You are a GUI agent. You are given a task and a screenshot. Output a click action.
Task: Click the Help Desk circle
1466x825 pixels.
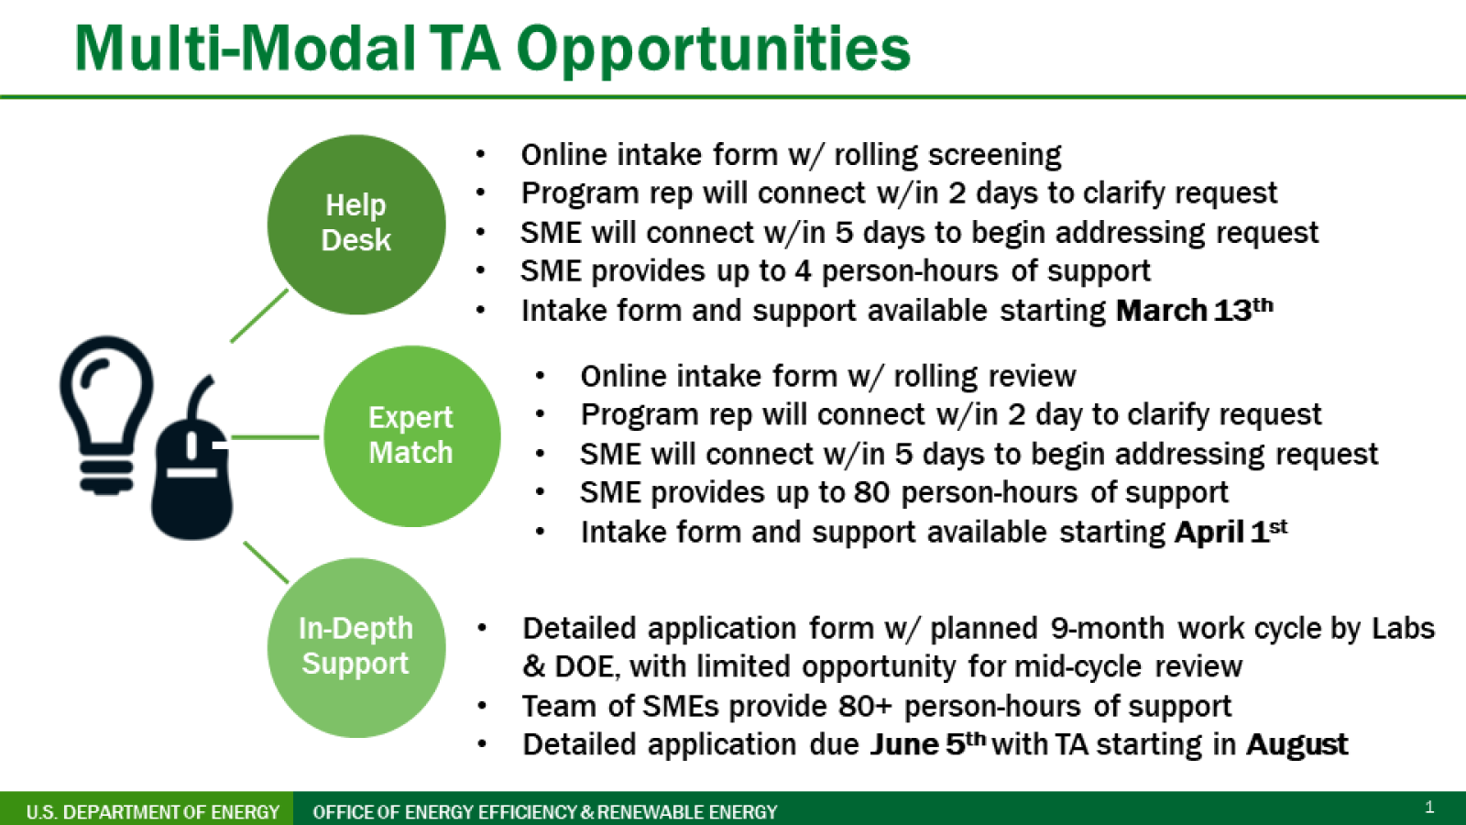356,225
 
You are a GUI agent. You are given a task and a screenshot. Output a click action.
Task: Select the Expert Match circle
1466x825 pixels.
411,436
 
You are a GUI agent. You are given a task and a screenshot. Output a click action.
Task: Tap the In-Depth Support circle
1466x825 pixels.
356,647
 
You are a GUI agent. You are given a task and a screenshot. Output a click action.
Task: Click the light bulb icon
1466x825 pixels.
106,415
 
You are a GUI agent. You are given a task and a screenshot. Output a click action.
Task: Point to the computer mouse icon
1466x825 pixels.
192,458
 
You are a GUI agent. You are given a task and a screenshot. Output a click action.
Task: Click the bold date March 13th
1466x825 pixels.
1195,310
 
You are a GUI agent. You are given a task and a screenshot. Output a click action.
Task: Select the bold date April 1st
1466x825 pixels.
1231,531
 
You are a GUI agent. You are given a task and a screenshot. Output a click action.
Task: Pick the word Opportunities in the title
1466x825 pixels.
714,49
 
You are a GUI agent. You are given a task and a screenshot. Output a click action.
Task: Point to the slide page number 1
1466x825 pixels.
1429,807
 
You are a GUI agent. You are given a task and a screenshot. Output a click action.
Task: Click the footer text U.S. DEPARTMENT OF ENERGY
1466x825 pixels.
152,812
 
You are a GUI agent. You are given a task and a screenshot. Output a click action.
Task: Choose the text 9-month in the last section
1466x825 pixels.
1108,628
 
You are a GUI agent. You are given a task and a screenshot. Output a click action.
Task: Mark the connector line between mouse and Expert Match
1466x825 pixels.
275,436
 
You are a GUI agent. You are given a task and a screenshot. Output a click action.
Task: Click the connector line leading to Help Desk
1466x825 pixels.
259,315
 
